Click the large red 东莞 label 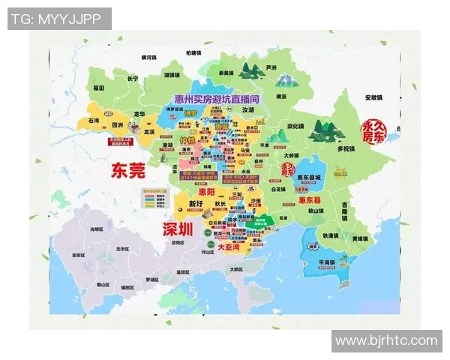(127, 171)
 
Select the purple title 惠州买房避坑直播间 (217, 97)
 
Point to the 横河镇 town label (149, 57)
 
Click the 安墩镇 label (373, 97)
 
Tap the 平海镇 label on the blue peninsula (327, 262)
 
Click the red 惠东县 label (309, 200)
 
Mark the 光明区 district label (96, 228)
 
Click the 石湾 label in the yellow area (94, 120)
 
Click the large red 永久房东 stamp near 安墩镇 (373, 131)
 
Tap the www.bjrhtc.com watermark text (385, 341)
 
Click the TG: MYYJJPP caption (59, 19)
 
